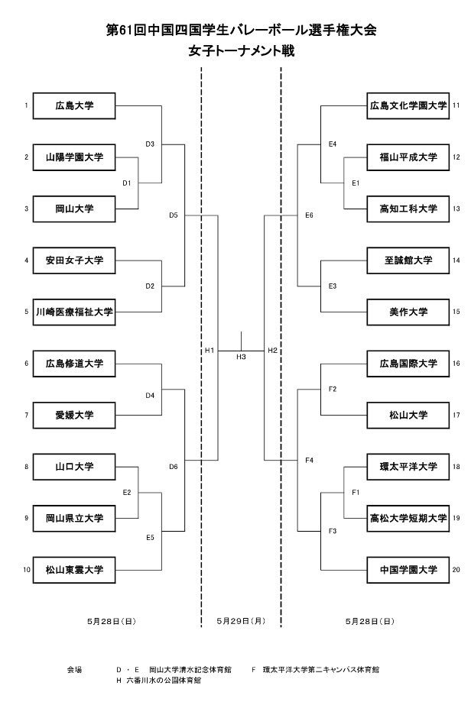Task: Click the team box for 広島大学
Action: pyautogui.click(x=74, y=105)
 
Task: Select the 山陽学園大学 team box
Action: pyautogui.click(x=74, y=157)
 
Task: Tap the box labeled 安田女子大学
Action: pyautogui.click(x=74, y=260)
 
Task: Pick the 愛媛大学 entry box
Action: pyautogui.click(x=74, y=415)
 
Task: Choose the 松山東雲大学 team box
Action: pyautogui.click(x=74, y=569)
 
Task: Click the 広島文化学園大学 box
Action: pyautogui.click(x=408, y=105)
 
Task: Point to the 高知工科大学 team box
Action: pyautogui.click(x=408, y=209)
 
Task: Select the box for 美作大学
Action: pyautogui.click(x=408, y=312)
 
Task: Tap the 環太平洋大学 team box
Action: pyautogui.click(x=408, y=466)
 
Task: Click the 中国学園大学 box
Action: pyautogui.click(x=408, y=569)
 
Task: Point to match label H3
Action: pyautogui.click(x=241, y=357)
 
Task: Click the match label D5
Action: pyautogui.click(x=173, y=215)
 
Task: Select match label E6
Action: pyautogui.click(x=309, y=215)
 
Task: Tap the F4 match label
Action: pyautogui.click(x=309, y=460)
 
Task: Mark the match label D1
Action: pyautogui.click(x=127, y=183)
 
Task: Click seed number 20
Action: pyautogui.click(x=456, y=569)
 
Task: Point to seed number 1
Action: pyautogui.click(x=26, y=105)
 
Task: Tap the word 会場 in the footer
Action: pyautogui.click(x=74, y=669)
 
